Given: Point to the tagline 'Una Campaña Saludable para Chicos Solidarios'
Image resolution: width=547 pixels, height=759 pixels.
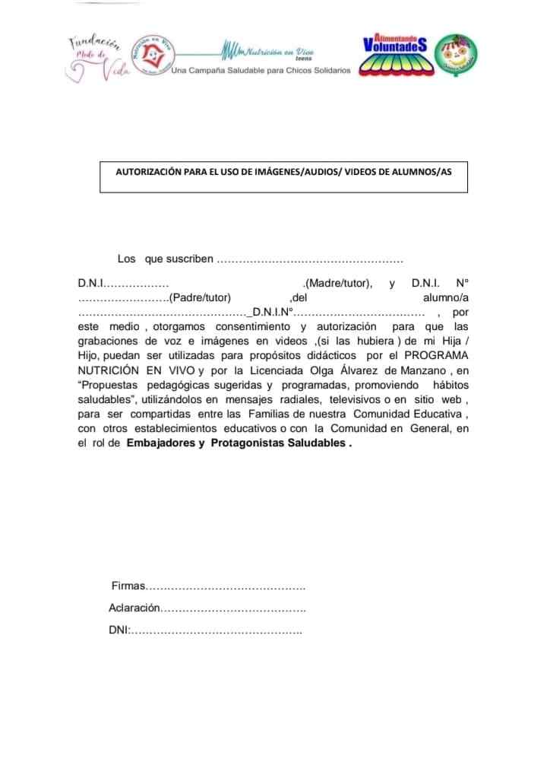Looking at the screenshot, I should [x=261, y=70].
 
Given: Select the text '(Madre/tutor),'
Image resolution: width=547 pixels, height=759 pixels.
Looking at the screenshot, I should [x=337, y=284].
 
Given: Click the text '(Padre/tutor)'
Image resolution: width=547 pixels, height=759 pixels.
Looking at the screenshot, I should [x=200, y=297].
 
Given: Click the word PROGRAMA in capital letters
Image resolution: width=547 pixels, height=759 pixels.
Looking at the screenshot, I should [x=436, y=355].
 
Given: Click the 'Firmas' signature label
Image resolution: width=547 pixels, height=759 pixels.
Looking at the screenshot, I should [x=127, y=586].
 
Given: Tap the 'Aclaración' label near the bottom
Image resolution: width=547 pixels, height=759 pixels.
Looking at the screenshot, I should [x=134, y=608].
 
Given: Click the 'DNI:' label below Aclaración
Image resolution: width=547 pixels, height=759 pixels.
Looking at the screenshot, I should [x=120, y=630].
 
